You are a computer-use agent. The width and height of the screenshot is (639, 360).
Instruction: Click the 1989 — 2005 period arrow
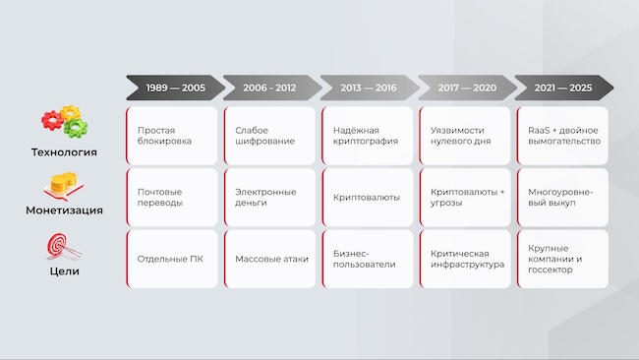175,88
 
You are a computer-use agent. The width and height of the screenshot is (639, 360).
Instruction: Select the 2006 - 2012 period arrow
270,88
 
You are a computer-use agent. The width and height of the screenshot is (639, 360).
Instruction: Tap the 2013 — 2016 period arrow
368,88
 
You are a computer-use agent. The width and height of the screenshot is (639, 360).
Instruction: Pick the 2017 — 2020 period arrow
465,88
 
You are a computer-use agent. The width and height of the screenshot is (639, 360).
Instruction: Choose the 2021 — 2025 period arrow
562,88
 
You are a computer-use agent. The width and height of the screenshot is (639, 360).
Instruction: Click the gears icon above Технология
61,122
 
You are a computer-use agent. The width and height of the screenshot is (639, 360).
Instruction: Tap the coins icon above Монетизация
63,186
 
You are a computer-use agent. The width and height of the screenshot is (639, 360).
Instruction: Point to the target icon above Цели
61,246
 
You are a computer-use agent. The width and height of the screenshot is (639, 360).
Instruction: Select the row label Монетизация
63,210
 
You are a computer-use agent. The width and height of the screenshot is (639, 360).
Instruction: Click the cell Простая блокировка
172,136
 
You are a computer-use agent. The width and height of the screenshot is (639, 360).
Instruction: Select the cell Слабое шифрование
269,136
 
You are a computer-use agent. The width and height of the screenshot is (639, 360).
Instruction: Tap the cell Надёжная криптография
367,136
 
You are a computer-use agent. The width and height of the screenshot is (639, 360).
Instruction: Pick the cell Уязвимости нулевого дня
464,136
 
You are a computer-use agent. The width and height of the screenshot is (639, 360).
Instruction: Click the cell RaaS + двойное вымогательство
562,136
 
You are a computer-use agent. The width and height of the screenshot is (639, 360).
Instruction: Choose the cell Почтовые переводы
172,198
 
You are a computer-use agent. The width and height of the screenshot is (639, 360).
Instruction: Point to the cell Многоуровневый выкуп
562,198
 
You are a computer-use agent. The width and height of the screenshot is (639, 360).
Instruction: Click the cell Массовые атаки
269,259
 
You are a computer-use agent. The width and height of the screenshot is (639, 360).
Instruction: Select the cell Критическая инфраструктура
464,259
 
